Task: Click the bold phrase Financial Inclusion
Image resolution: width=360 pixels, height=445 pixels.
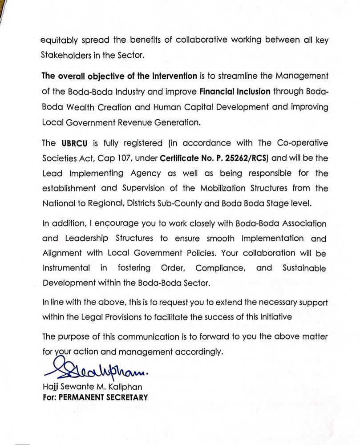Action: (235, 92)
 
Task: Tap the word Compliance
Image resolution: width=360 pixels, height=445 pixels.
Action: (220, 268)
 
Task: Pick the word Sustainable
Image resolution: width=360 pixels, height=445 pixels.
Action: (304, 268)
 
